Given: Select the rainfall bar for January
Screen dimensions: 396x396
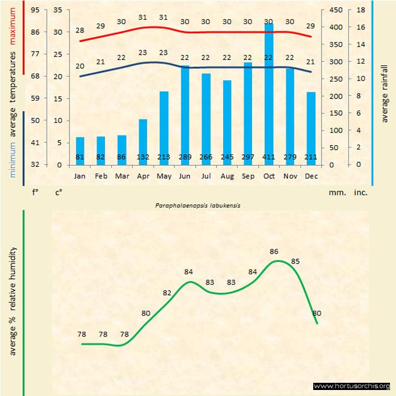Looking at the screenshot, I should point(80,151).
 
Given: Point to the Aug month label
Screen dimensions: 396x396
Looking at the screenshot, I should point(227,176).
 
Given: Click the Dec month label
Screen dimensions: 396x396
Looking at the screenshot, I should point(311,176).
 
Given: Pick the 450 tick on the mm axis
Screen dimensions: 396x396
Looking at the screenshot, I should point(337,10).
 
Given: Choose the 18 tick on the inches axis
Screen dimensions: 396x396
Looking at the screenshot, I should point(361,10).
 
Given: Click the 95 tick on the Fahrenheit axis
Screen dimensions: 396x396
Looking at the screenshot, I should point(35,10).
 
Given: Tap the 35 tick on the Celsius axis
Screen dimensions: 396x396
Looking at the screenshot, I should point(58,10).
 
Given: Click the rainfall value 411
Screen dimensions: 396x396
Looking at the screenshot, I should point(269,157).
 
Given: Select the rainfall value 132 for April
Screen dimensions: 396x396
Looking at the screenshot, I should point(143,157).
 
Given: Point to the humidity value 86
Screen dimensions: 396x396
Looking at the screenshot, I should point(274,252).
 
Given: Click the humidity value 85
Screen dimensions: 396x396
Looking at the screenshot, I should point(295,261).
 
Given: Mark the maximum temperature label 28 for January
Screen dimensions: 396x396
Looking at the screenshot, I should point(80,31).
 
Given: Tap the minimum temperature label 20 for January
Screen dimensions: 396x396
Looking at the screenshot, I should point(80,66).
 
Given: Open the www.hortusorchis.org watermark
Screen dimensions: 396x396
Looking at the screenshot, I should point(352,386).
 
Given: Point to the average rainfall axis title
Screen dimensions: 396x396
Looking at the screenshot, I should point(385,92).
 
